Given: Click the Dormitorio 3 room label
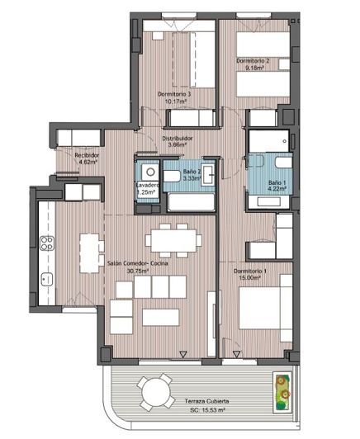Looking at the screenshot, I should [174, 94].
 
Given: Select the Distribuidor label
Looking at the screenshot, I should [178, 138].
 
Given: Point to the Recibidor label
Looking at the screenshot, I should [87, 154].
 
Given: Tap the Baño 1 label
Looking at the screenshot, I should [277, 182].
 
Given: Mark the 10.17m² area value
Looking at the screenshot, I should [174, 101].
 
